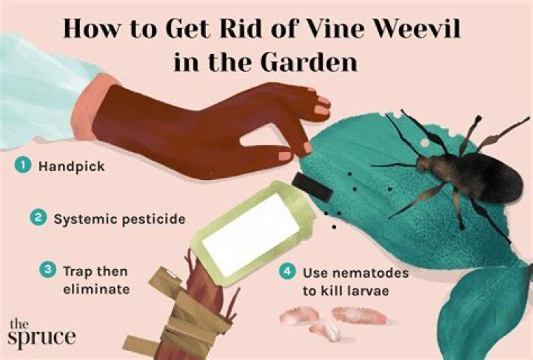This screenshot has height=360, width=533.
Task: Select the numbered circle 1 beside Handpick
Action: (23, 166)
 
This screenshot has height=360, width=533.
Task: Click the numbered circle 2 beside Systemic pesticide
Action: (38, 218)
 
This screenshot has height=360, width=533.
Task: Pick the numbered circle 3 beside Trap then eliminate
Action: (48, 270)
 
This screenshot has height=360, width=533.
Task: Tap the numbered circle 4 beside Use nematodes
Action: (287, 272)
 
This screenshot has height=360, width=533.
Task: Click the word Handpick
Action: (72, 167)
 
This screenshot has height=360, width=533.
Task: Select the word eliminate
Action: (96, 289)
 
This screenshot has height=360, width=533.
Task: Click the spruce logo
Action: (41, 333)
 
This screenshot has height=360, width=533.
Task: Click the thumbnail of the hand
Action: (285, 156)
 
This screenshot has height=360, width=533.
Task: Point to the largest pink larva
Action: (358, 315)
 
